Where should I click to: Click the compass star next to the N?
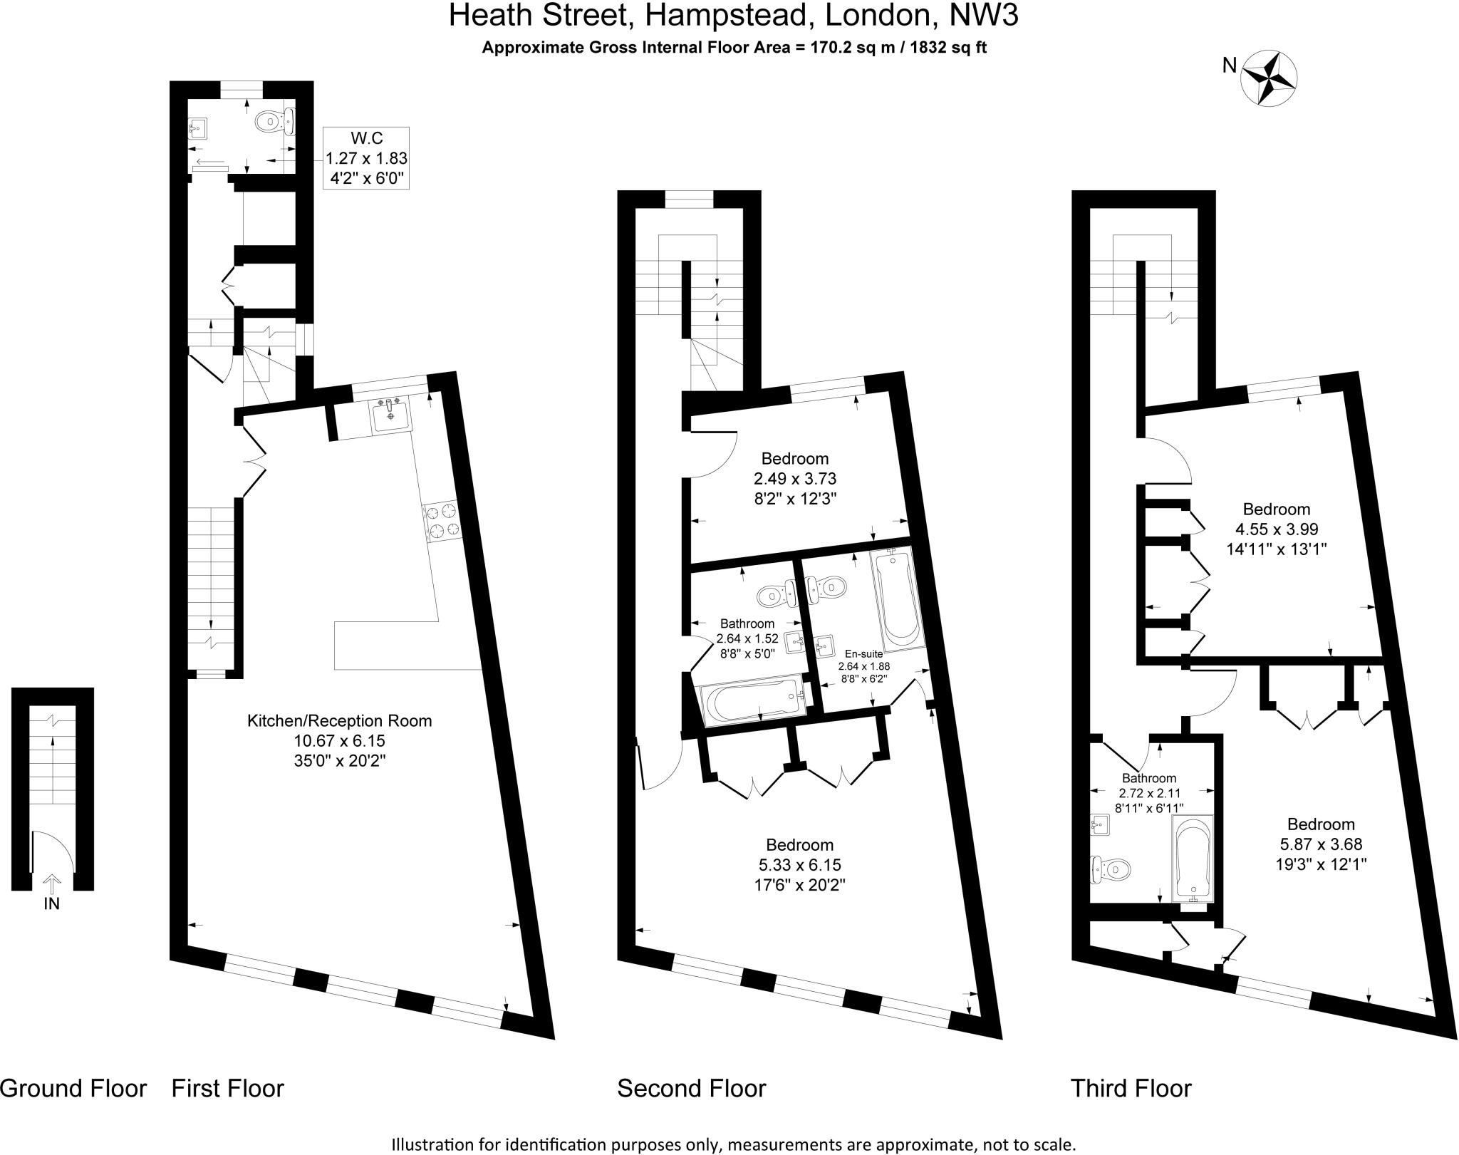coord(1269,79)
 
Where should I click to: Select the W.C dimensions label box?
coord(366,158)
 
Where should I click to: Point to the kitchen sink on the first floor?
coord(390,415)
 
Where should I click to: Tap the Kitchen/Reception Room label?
coord(339,740)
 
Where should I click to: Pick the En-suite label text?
coord(863,653)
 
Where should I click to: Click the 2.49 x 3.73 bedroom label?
coord(794,478)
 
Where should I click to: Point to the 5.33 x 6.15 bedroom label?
coord(799,865)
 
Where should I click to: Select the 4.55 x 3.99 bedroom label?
coord(1277,529)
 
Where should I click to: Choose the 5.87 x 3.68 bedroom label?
coord(1321,844)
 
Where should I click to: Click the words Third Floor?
coord(1131,1088)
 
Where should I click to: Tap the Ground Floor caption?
coord(73,1088)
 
